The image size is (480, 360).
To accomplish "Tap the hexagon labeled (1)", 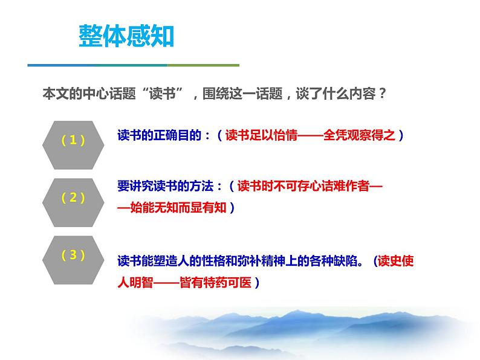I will [x=73, y=140].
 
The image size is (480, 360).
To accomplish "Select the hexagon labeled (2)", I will [x=73, y=198].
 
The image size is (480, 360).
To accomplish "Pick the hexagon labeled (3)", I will [x=73, y=255].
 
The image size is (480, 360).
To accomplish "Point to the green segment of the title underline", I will [x=203, y=65].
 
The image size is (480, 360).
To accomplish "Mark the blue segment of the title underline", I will [x=97, y=65].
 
